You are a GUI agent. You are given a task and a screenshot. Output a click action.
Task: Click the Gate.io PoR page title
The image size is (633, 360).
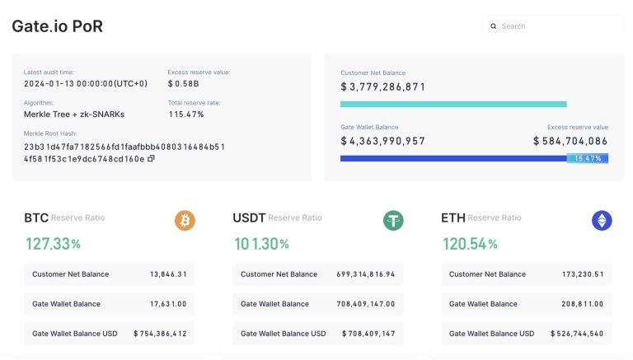click(x=57, y=26)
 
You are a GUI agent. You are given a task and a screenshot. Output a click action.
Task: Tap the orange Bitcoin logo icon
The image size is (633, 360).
click(x=185, y=220)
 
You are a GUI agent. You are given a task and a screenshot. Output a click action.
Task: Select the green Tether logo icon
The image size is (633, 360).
click(x=393, y=220)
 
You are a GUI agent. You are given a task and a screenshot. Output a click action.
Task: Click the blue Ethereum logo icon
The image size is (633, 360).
click(x=602, y=220)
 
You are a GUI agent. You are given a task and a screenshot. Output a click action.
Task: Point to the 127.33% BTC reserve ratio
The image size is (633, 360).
click(x=52, y=244)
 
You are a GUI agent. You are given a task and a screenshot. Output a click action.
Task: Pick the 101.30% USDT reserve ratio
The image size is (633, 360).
click(x=260, y=244)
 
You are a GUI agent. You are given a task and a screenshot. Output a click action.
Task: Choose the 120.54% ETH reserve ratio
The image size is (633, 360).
click(x=470, y=244)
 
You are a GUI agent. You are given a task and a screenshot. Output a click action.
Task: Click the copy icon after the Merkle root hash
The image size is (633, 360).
click(x=151, y=159)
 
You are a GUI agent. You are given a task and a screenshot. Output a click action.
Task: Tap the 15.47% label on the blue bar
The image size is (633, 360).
click(x=588, y=158)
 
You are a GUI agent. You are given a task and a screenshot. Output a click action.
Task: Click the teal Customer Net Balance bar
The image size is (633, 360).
click(x=453, y=104)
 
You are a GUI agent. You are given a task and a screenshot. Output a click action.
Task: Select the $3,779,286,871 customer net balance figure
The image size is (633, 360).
click(x=383, y=86)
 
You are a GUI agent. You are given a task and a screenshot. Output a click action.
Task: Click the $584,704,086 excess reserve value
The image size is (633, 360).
click(x=570, y=141)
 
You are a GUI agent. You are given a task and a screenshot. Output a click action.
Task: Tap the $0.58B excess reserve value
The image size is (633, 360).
click(x=182, y=83)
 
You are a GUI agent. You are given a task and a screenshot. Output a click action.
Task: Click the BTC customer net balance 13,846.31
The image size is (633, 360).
click(x=168, y=274)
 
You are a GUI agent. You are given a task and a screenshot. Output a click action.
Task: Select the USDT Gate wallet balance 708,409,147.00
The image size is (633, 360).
click(x=365, y=304)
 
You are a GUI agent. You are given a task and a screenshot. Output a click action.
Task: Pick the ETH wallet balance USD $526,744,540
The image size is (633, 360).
click(x=572, y=334)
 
